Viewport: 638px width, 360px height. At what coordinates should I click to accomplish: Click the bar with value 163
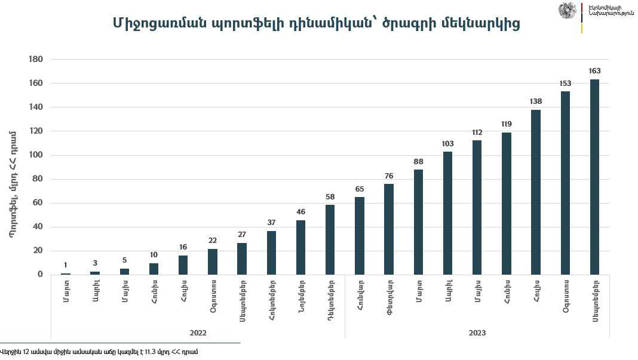click(594, 177)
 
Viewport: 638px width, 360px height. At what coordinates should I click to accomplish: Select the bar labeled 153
click(565, 183)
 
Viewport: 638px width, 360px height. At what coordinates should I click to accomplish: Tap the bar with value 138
click(536, 192)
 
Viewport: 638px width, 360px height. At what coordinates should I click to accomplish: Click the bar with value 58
click(330, 239)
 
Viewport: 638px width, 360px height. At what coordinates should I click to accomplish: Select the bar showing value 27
click(242, 259)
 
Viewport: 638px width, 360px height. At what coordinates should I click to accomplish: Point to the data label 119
click(506, 124)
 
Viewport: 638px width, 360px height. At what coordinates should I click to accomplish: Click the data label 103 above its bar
click(447, 143)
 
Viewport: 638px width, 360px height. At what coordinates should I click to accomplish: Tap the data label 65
click(359, 189)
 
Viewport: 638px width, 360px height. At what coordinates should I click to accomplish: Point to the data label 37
click(271, 222)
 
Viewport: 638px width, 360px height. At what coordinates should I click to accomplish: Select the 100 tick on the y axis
click(36, 155)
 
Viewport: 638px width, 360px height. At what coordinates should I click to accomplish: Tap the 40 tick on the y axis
click(38, 227)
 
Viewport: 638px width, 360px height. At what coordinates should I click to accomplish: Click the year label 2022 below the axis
click(198, 332)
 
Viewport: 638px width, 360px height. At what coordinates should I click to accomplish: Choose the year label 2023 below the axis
click(477, 332)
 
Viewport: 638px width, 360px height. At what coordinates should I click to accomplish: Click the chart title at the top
click(316, 23)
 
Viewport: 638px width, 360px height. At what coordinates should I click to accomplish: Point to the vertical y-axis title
click(13, 184)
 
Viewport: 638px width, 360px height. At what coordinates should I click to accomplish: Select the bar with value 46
click(300, 247)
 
